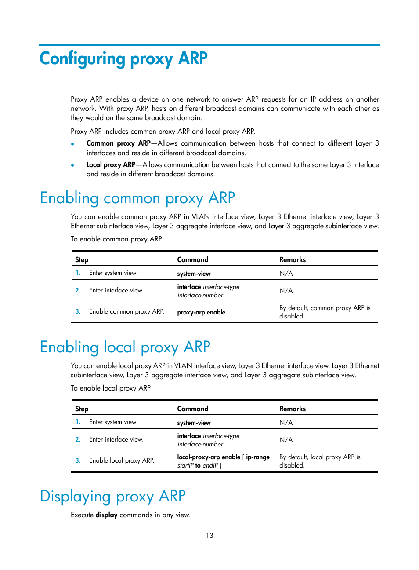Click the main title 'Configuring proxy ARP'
click(123, 59)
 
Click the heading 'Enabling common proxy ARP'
click(137, 198)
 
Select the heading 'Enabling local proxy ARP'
click(125, 347)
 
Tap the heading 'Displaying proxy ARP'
click(113, 497)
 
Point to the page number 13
click(209, 536)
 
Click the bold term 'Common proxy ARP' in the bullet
click(118, 143)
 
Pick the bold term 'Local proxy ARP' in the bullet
click(111, 165)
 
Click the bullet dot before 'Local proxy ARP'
click(72, 165)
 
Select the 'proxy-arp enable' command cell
click(201, 312)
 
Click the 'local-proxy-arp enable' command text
click(209, 457)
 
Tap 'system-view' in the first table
click(194, 274)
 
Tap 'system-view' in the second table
click(194, 423)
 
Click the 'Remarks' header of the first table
click(293, 260)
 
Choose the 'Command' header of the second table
click(193, 409)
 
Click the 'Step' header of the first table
click(82, 260)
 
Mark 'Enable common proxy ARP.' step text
click(126, 311)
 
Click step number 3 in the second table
click(78, 460)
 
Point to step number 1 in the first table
click(78, 273)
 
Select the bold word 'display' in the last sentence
click(106, 515)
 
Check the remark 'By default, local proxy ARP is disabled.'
click(320, 461)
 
